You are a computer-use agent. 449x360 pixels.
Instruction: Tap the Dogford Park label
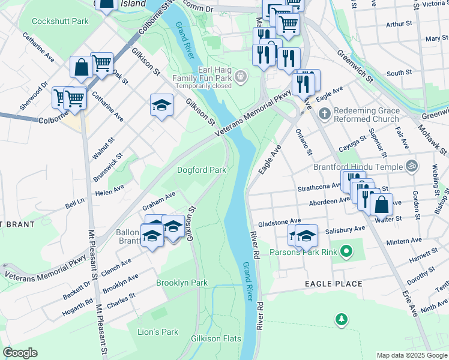coord(201,170)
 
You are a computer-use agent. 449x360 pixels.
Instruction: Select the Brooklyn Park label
coord(181,283)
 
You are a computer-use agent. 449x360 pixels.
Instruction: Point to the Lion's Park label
coord(158,332)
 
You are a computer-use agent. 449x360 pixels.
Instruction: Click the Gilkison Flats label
coord(215,339)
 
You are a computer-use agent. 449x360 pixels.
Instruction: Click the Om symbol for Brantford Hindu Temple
coord(411,165)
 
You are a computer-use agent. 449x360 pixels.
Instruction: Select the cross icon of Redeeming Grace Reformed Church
coord(324,113)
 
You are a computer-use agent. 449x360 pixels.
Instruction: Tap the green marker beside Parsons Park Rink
coord(346,251)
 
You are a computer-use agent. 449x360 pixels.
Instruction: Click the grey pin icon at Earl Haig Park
coord(241,76)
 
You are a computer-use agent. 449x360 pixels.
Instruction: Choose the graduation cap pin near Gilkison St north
coord(160,106)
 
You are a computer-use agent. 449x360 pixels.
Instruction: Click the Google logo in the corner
coord(20,353)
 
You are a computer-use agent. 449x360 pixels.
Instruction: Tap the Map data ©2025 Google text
coord(411,355)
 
